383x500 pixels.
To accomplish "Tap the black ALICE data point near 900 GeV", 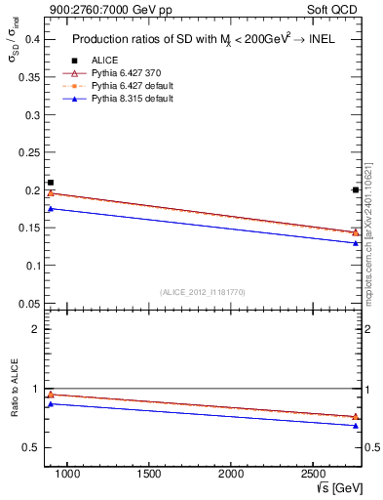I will [51, 183].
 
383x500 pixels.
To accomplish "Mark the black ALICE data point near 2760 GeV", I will [355, 189].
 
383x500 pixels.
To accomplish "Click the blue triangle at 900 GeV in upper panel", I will [51, 208].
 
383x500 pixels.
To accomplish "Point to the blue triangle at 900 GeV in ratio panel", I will [51, 403].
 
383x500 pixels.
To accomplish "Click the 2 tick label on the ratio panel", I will [35, 329].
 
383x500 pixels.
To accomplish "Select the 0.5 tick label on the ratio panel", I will [30, 447].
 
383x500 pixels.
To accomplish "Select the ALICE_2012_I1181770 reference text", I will [201, 292].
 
